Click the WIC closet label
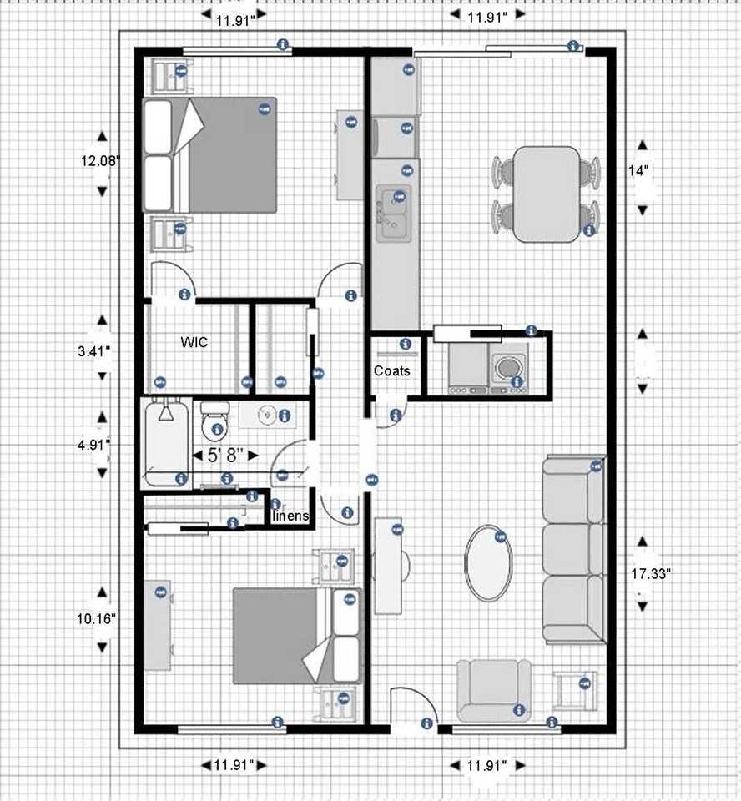click(x=194, y=342)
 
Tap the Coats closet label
click(x=391, y=370)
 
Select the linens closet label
click(x=292, y=516)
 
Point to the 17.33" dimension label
click(x=651, y=573)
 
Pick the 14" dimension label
click(x=639, y=170)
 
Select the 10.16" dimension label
click(x=95, y=618)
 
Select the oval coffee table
click(x=488, y=562)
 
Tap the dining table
click(x=546, y=194)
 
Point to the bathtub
click(x=167, y=442)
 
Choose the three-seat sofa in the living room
click(x=574, y=551)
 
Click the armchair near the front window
click(x=494, y=689)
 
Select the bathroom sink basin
click(x=267, y=415)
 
